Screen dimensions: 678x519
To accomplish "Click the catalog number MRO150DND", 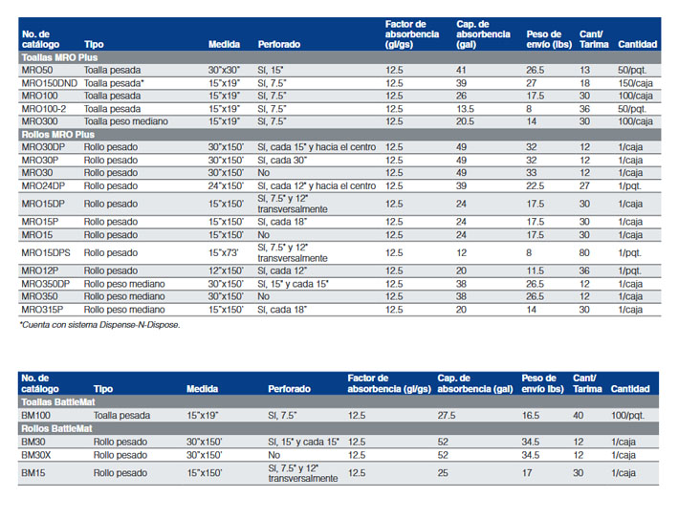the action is click(50, 83).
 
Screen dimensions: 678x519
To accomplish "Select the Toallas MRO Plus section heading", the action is click(59, 57).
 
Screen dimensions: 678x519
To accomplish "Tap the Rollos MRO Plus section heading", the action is click(58, 135).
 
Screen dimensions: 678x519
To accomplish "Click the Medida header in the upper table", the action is click(224, 44).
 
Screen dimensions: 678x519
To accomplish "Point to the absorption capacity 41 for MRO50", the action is click(461, 70).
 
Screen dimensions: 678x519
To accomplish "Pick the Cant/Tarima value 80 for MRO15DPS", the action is click(584, 252).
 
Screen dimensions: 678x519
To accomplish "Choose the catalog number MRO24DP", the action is click(43, 185).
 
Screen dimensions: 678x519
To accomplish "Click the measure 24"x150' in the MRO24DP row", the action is click(226, 185).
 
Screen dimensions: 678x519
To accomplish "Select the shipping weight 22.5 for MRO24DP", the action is click(536, 185).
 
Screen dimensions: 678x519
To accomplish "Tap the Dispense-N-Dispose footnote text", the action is click(99, 325).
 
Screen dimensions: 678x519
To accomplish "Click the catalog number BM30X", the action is click(36, 455).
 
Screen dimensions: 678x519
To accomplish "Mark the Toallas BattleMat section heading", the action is click(58, 402).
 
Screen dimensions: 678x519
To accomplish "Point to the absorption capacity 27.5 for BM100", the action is click(447, 415).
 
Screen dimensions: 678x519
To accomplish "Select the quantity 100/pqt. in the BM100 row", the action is click(628, 415).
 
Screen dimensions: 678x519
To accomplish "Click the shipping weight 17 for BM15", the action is click(527, 473).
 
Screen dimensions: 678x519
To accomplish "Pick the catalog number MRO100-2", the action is click(44, 109).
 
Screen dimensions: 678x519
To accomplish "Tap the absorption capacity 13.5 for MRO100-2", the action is click(466, 109).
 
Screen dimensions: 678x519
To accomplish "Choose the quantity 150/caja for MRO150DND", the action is click(636, 83).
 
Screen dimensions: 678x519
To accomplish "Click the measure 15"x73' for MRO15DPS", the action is click(223, 252).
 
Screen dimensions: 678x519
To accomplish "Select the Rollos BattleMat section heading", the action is click(56, 429).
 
